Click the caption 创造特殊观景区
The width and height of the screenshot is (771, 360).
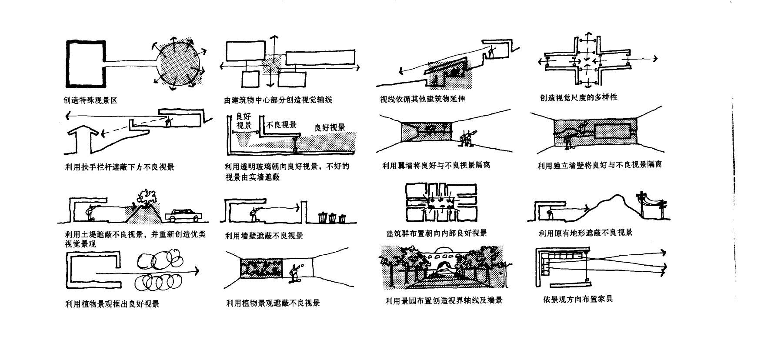point(90,100)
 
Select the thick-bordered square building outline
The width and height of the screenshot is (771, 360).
point(86,63)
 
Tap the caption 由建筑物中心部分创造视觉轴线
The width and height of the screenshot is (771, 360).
point(278,100)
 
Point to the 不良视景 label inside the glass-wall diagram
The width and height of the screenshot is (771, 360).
point(281,125)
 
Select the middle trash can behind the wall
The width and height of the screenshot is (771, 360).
point(333,217)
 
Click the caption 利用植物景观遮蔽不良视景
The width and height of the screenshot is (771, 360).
point(273,303)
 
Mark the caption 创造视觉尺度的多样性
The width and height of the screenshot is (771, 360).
point(578,98)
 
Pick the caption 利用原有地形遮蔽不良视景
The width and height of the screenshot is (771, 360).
point(585,233)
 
